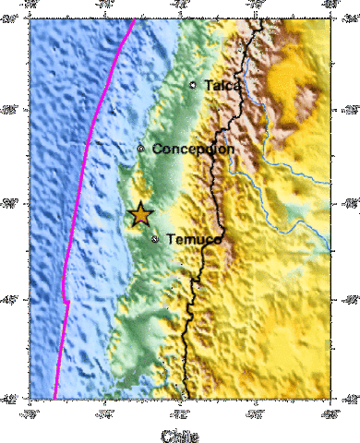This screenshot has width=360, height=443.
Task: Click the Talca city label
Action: [222, 85]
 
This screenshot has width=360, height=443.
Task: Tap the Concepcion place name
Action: [193, 149]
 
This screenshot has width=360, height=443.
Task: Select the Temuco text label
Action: [193, 239]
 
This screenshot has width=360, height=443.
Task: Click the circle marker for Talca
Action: [193, 85]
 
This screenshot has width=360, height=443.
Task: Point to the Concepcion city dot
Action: [141, 149]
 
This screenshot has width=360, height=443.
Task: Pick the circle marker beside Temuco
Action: [155, 239]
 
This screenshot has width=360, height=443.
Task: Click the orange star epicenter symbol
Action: [139, 214]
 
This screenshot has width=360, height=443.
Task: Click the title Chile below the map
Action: [179, 435]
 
